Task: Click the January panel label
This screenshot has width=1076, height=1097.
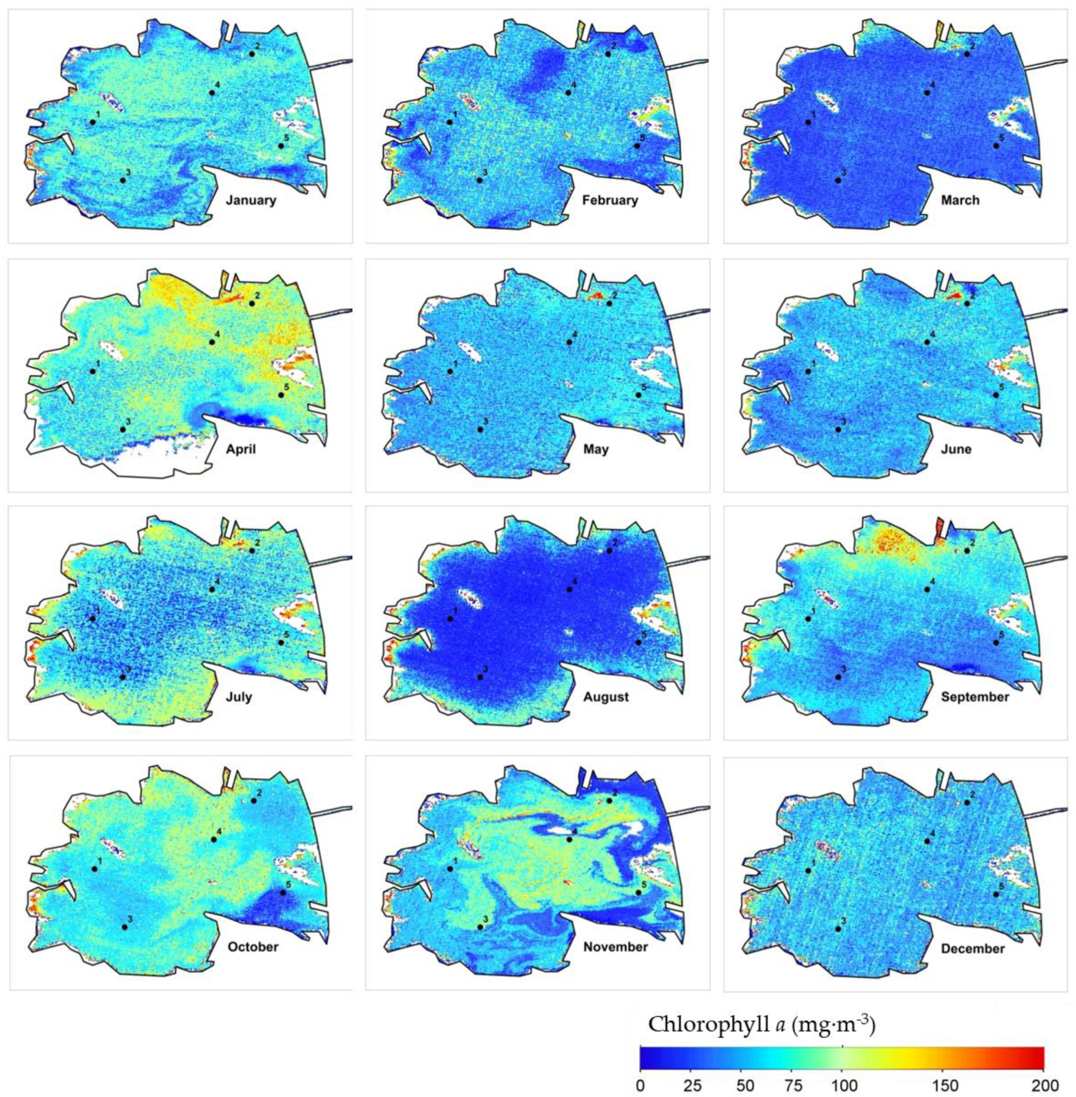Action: (251, 200)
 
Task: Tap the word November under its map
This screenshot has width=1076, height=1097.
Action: (616, 947)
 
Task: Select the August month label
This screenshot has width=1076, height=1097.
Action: (606, 697)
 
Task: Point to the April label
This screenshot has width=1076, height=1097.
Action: (241, 449)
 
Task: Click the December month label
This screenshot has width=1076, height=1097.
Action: (973, 948)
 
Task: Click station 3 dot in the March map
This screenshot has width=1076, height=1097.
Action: (838, 180)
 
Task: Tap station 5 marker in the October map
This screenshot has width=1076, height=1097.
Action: (283, 893)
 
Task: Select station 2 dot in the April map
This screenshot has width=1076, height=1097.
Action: (252, 304)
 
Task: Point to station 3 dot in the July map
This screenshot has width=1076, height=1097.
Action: (123, 677)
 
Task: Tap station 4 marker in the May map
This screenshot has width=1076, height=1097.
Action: (569, 342)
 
